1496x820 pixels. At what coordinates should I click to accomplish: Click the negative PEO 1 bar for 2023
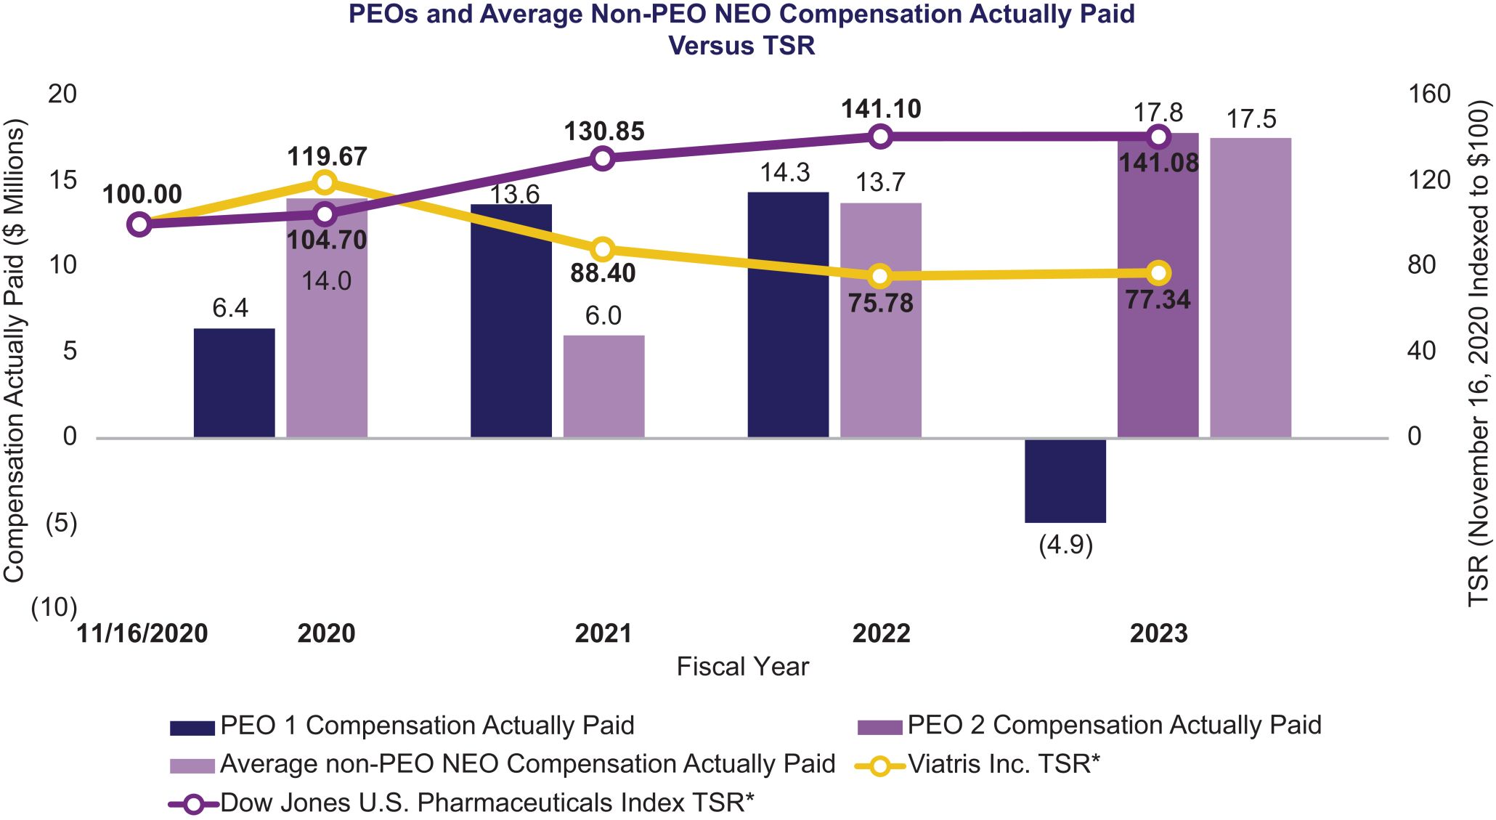pyautogui.click(x=1065, y=480)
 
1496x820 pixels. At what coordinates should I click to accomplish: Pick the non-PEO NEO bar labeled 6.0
pyautogui.click(x=603, y=386)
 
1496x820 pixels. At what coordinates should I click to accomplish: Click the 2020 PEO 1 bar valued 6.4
pyautogui.click(x=234, y=383)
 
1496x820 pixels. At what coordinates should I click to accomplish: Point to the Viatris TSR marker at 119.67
pyautogui.click(x=325, y=182)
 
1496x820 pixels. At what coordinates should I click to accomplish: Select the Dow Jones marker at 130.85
pyautogui.click(x=602, y=158)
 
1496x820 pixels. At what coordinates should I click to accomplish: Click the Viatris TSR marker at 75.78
pyautogui.click(x=880, y=276)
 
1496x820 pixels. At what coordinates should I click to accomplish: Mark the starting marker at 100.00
pyautogui.click(x=139, y=224)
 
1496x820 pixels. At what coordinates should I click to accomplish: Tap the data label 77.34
pyautogui.click(x=1158, y=299)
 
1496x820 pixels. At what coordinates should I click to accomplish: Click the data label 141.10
pyautogui.click(x=881, y=109)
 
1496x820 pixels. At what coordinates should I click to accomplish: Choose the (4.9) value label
pyautogui.click(x=1065, y=545)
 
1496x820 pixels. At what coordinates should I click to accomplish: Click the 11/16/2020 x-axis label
pyautogui.click(x=142, y=633)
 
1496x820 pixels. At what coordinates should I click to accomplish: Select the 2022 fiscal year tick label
pyautogui.click(x=881, y=633)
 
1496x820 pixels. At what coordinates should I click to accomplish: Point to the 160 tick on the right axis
pyautogui.click(x=1428, y=94)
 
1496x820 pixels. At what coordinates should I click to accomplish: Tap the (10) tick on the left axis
pyautogui.click(x=54, y=607)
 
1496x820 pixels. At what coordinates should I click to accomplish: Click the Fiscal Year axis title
pyautogui.click(x=742, y=667)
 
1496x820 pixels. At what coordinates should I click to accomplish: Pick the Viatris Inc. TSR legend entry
pyautogui.click(x=1003, y=764)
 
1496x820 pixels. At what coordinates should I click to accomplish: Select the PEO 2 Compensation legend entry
pyautogui.click(x=1113, y=725)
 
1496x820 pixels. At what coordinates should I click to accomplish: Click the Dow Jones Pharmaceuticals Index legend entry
pyautogui.click(x=487, y=803)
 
